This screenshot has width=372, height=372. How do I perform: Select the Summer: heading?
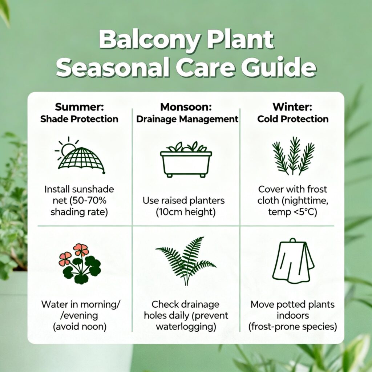(x=79, y=107)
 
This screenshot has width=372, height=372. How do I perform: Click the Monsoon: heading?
(x=186, y=107)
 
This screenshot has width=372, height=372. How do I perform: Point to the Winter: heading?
(x=292, y=107)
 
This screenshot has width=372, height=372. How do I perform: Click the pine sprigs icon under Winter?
(x=293, y=156)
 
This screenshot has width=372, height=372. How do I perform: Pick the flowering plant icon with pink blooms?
(x=80, y=264)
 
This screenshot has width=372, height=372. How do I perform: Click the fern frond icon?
(x=186, y=261)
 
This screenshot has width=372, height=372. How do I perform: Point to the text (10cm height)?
(x=186, y=212)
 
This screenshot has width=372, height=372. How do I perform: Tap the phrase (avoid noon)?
(x=80, y=327)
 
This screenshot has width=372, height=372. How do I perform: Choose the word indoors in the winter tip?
(x=293, y=316)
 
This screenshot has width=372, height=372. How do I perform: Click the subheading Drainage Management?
(x=187, y=119)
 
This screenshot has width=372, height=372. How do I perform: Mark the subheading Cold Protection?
(x=293, y=119)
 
